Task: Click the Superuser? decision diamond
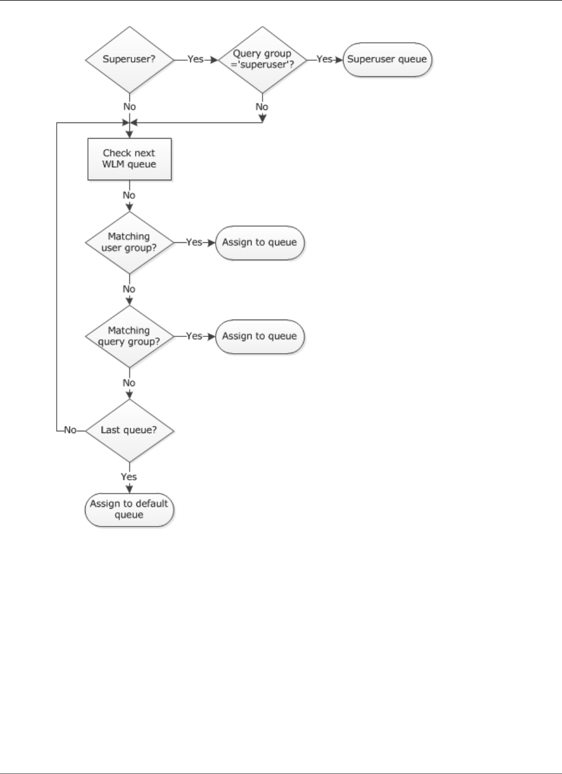(x=129, y=59)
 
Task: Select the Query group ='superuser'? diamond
(x=262, y=59)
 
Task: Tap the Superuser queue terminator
(x=387, y=59)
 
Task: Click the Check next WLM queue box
(x=129, y=159)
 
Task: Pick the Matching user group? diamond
(x=129, y=242)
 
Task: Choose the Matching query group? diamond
(x=129, y=336)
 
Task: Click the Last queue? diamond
(x=129, y=430)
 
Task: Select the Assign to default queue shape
(x=129, y=509)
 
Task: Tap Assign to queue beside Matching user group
(x=259, y=242)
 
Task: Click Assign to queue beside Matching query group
(x=259, y=336)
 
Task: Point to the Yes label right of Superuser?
(x=195, y=59)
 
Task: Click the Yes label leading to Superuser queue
(x=324, y=59)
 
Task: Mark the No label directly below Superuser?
(x=129, y=106)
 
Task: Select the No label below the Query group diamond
(x=262, y=106)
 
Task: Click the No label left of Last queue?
(x=70, y=430)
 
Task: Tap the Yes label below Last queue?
(x=129, y=477)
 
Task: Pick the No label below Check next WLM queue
(x=129, y=195)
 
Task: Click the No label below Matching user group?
(x=129, y=289)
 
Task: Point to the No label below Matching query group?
(x=129, y=383)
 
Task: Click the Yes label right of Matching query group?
(x=194, y=336)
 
